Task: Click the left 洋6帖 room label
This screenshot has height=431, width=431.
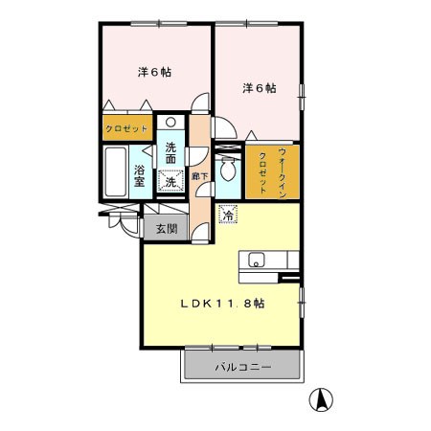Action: [153, 71]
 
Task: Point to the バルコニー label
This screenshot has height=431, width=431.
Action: [243, 367]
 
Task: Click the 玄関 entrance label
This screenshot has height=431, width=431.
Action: [166, 229]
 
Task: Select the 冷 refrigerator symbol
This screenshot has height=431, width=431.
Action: [228, 216]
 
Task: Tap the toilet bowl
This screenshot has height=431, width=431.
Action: [226, 170]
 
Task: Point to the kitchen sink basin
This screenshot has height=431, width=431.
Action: [256, 260]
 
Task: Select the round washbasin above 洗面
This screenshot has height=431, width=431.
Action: [170, 123]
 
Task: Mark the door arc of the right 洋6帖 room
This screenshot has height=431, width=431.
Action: [225, 130]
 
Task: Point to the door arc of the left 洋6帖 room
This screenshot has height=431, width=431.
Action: [199, 105]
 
